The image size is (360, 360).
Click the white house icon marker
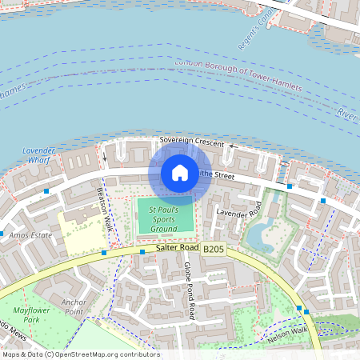tap(179, 172)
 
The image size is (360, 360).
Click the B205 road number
tap(213, 250)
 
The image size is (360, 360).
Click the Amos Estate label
tap(30, 235)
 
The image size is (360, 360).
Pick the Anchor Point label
tap(74, 307)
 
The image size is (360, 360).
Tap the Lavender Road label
tap(238, 212)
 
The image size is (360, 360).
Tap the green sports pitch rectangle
tap(166, 216)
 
